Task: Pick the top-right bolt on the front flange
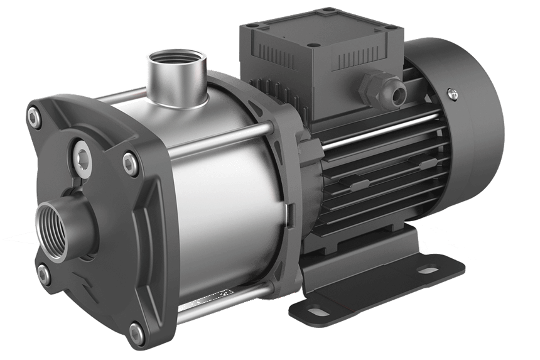point(129,162)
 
